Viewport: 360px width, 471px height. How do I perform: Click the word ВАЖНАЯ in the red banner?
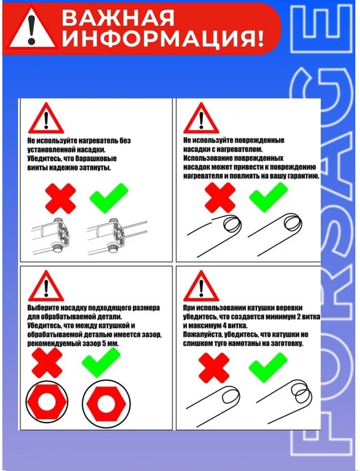(118, 18)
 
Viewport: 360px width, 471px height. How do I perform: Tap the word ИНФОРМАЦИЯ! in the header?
(162, 38)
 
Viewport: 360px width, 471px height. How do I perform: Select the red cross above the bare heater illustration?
(61, 198)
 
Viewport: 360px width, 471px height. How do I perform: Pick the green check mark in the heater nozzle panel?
(109, 198)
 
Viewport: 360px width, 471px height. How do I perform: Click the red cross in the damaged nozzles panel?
(220, 198)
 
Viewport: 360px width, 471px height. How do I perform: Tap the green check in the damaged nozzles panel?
(268, 197)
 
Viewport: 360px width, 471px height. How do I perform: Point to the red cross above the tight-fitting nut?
(47, 363)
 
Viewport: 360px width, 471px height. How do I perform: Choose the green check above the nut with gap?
(101, 363)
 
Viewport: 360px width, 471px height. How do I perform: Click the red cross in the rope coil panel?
(214, 368)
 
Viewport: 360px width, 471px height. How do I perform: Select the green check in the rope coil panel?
(268, 367)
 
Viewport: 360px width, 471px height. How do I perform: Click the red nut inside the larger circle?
(106, 403)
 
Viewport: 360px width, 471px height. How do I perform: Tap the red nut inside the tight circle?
(47, 402)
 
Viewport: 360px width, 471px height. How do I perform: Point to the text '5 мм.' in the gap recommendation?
(111, 343)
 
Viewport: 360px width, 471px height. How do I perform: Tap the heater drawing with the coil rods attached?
(117, 236)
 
